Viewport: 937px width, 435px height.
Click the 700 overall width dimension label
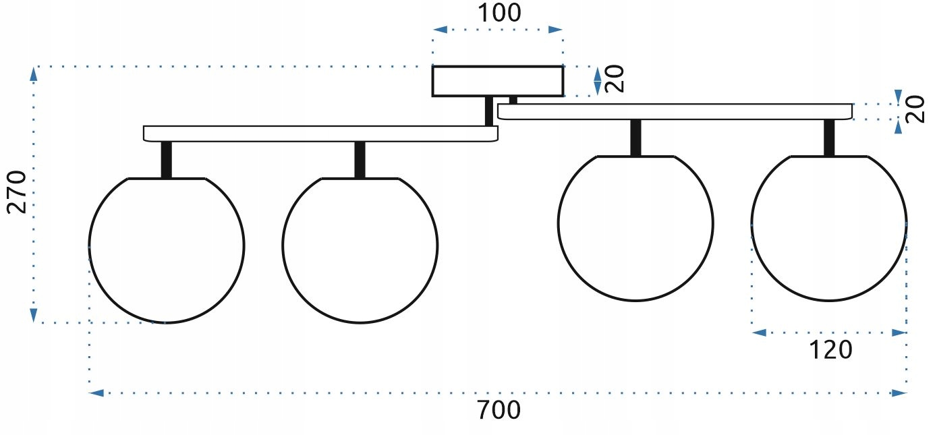pyautogui.click(x=499, y=411)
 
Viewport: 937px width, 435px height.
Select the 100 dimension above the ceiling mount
pyautogui.click(x=499, y=13)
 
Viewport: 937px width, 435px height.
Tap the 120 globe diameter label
pyautogui.click(x=830, y=350)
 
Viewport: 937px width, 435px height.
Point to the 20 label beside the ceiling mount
pyautogui.click(x=615, y=80)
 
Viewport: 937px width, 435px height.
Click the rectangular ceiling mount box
pyautogui.click(x=498, y=81)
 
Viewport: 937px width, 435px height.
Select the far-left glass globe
pyautogui.click(x=167, y=250)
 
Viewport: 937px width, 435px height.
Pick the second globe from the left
pyautogui.click(x=360, y=250)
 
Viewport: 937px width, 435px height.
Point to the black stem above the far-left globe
pyautogui.click(x=167, y=159)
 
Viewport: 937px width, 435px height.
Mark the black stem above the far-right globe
pyautogui.click(x=829, y=137)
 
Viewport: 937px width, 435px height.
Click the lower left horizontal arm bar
pyautogui.click(x=320, y=133)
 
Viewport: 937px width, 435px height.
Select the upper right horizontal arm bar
pyautogui.click(x=675, y=111)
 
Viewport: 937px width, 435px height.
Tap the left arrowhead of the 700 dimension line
pyautogui.click(x=96, y=393)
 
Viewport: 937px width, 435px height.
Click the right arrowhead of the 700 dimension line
pyautogui.click(x=900, y=393)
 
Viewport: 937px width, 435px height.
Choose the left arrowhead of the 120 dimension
pyautogui.click(x=759, y=332)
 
